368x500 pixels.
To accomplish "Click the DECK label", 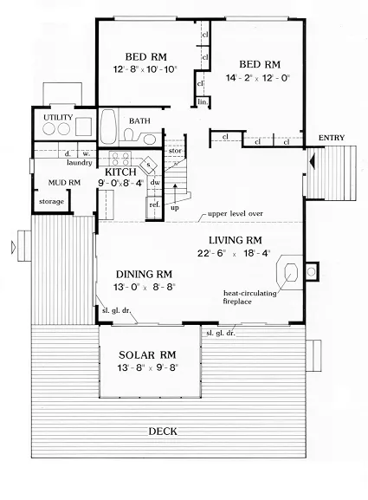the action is pos(163,432).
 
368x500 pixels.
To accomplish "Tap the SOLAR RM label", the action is pos(147,354).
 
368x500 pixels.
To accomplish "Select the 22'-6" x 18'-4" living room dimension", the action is pos(234,253).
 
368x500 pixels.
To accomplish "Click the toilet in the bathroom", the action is pos(129,135).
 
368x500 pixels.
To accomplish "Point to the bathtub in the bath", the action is pos(108,127).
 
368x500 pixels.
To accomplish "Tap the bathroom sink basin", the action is pos(150,140).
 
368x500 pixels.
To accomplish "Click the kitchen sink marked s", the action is pos(148,165).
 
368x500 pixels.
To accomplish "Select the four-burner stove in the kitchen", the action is pos(120,159).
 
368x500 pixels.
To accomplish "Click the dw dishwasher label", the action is pos(155,182).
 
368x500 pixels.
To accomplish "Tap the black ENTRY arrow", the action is pos(313,160).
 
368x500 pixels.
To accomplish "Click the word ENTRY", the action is pos(332,138).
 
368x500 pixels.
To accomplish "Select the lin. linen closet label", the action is pos(203,102).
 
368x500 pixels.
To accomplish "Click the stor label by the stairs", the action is pos(175,151).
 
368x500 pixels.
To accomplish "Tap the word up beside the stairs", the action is pos(175,208).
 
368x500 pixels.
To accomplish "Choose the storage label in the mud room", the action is pos(51,202).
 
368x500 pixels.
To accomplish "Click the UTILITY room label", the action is pos(58,117).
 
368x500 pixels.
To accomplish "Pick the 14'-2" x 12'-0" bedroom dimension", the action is pos(258,78).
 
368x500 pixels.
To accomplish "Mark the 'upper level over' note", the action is pos(236,214).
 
